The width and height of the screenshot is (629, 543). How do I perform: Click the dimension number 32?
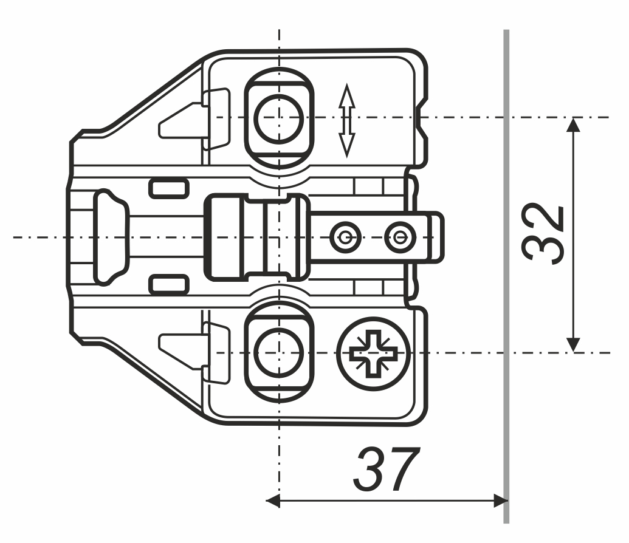click(543, 234)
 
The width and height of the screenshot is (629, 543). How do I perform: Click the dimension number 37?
click(387, 470)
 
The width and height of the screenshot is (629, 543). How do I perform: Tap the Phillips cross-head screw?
click(374, 353)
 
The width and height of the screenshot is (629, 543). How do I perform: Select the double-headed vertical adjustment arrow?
click(346, 120)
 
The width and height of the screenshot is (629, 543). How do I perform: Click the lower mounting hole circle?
click(279, 353)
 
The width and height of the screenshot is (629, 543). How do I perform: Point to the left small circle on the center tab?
click(345, 237)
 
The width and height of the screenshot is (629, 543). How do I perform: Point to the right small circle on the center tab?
click(400, 237)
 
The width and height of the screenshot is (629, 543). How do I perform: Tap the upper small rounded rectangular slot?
click(169, 188)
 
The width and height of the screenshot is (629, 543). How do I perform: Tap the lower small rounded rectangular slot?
click(169, 285)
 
